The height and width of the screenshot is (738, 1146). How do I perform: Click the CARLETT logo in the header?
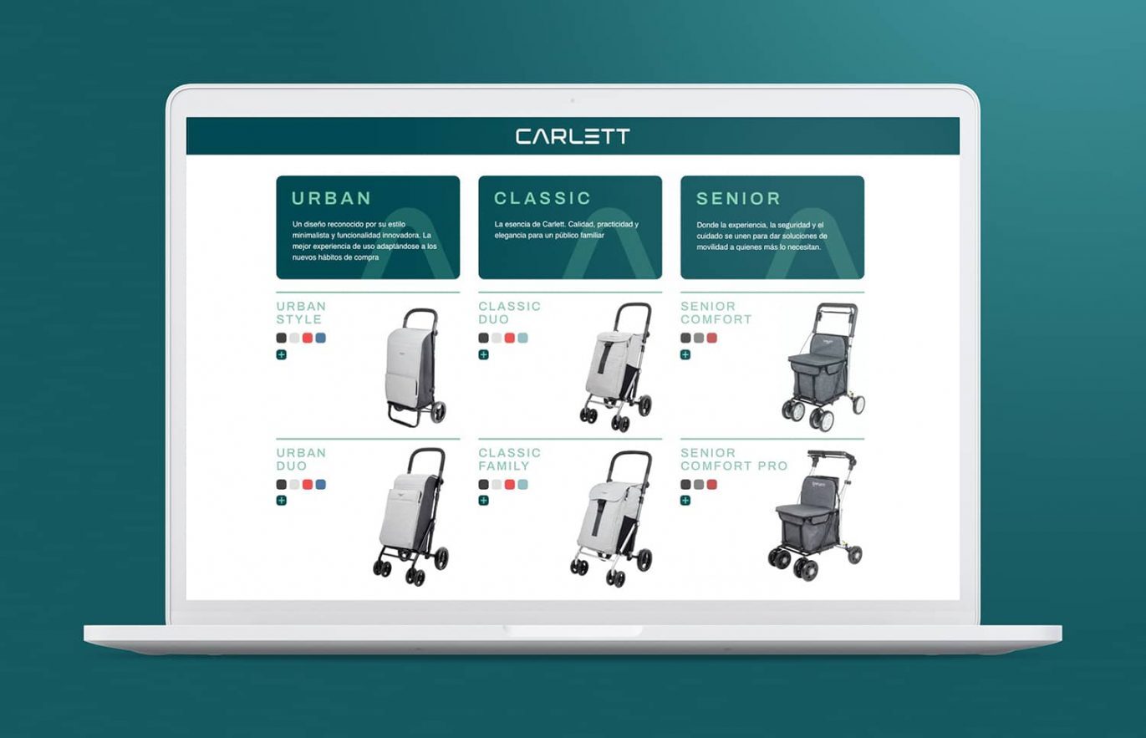tap(573, 136)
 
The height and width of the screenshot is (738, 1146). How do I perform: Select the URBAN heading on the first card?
tap(331, 199)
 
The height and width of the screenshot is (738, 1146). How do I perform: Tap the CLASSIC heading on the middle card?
tap(542, 199)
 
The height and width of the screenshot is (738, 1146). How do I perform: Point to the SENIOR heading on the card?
tap(738, 199)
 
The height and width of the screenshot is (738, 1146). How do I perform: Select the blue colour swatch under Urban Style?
tap(321, 338)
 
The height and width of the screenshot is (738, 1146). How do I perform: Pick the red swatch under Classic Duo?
tap(510, 338)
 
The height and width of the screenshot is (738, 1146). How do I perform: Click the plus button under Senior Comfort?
tap(685, 354)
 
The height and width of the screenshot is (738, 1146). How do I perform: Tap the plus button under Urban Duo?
tap(282, 501)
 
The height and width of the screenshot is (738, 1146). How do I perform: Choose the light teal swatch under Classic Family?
tap(523, 485)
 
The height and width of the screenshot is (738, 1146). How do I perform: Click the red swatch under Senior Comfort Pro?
tap(712, 485)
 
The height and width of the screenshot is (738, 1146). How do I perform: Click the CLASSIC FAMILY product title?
tap(510, 460)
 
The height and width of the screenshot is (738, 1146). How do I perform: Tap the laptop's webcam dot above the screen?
tap(573, 100)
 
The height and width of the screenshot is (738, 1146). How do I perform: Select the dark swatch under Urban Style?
tap(282, 338)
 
